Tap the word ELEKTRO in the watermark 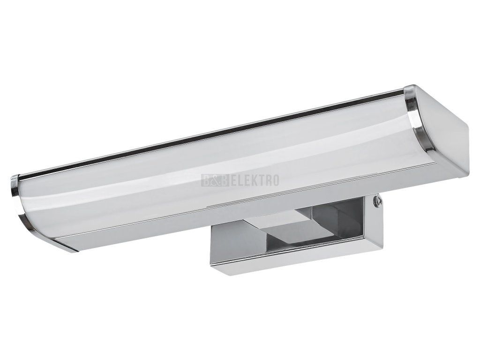tap(255, 180)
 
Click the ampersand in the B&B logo tap(215, 180)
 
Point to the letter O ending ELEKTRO tap(275, 180)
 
